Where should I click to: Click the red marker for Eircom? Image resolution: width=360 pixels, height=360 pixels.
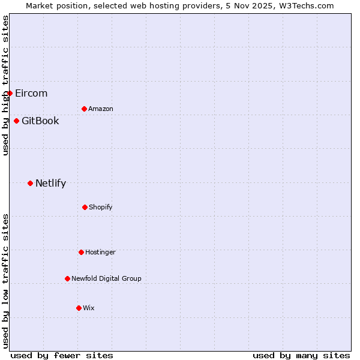pos(10,93)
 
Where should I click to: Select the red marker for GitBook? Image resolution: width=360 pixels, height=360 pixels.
pos(16,121)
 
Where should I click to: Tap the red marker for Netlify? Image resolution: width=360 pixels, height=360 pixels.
pos(30,183)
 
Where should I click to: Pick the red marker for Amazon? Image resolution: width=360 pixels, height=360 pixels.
pos(84,109)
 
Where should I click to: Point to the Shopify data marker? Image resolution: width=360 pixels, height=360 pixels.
pos(85,207)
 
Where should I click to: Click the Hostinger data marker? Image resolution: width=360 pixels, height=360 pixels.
pos(81,252)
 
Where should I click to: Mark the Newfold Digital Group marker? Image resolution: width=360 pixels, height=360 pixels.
pos(67,278)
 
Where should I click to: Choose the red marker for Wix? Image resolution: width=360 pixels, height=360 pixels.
pos(79,308)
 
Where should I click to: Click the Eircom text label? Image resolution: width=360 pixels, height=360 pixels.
pos(31,93)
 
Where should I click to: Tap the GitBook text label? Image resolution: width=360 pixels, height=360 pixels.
pos(40,121)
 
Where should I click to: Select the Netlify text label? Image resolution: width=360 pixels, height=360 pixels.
pos(50,183)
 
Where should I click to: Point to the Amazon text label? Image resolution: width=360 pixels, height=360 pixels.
pos(101,109)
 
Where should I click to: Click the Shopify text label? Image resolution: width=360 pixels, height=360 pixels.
pos(101,207)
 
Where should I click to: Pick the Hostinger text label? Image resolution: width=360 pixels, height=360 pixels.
pos(100,252)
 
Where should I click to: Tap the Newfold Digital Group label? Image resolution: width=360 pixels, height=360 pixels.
pos(106,278)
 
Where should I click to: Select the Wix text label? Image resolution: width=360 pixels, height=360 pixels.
pos(89,308)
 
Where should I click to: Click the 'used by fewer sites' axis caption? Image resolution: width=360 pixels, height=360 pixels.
pos(62,355)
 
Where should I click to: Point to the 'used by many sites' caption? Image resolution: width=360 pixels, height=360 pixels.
pos(301,355)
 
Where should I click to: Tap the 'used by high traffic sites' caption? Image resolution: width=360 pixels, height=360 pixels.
pos(5,85)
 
